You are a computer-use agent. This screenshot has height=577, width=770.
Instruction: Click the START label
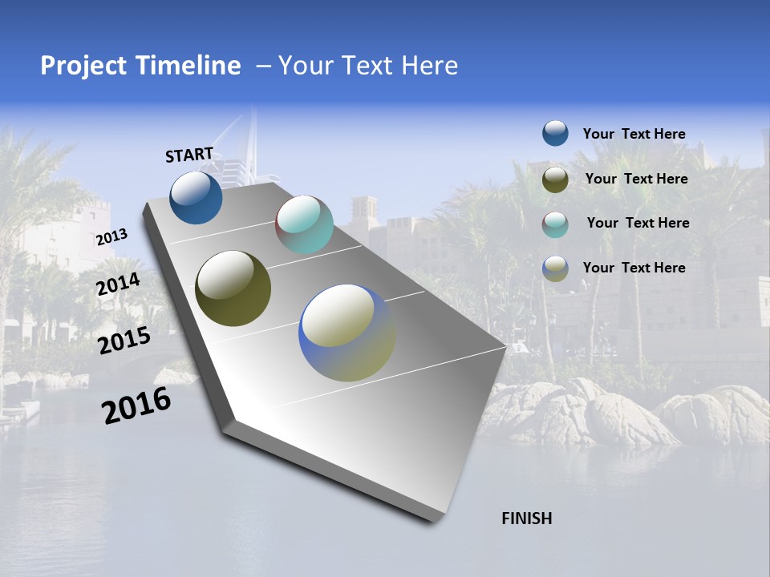[x=189, y=155]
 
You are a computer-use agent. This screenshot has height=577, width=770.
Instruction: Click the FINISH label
[x=526, y=518]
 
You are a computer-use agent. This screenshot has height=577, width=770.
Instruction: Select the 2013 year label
[x=111, y=236]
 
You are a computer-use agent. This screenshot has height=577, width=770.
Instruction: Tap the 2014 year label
[x=119, y=284]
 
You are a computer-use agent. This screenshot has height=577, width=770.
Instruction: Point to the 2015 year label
[x=124, y=341]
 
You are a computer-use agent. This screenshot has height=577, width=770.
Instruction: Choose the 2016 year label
[x=136, y=406]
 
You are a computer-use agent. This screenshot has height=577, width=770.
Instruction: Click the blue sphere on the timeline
[x=196, y=197]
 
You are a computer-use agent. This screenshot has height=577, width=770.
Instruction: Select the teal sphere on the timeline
[x=304, y=224]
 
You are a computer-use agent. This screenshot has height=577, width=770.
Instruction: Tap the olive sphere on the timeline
[x=233, y=288]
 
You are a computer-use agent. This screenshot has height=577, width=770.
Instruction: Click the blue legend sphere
[x=555, y=134]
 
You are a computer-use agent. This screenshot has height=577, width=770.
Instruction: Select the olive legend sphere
[x=555, y=180]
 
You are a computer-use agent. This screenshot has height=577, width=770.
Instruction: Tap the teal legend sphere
[x=555, y=224]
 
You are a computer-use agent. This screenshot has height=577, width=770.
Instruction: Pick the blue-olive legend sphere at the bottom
[x=555, y=268]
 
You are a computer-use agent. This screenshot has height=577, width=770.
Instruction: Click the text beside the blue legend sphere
[x=634, y=134]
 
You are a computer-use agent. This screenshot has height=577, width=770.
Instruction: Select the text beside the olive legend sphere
[x=636, y=179]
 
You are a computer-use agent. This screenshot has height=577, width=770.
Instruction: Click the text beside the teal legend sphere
[x=638, y=223]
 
